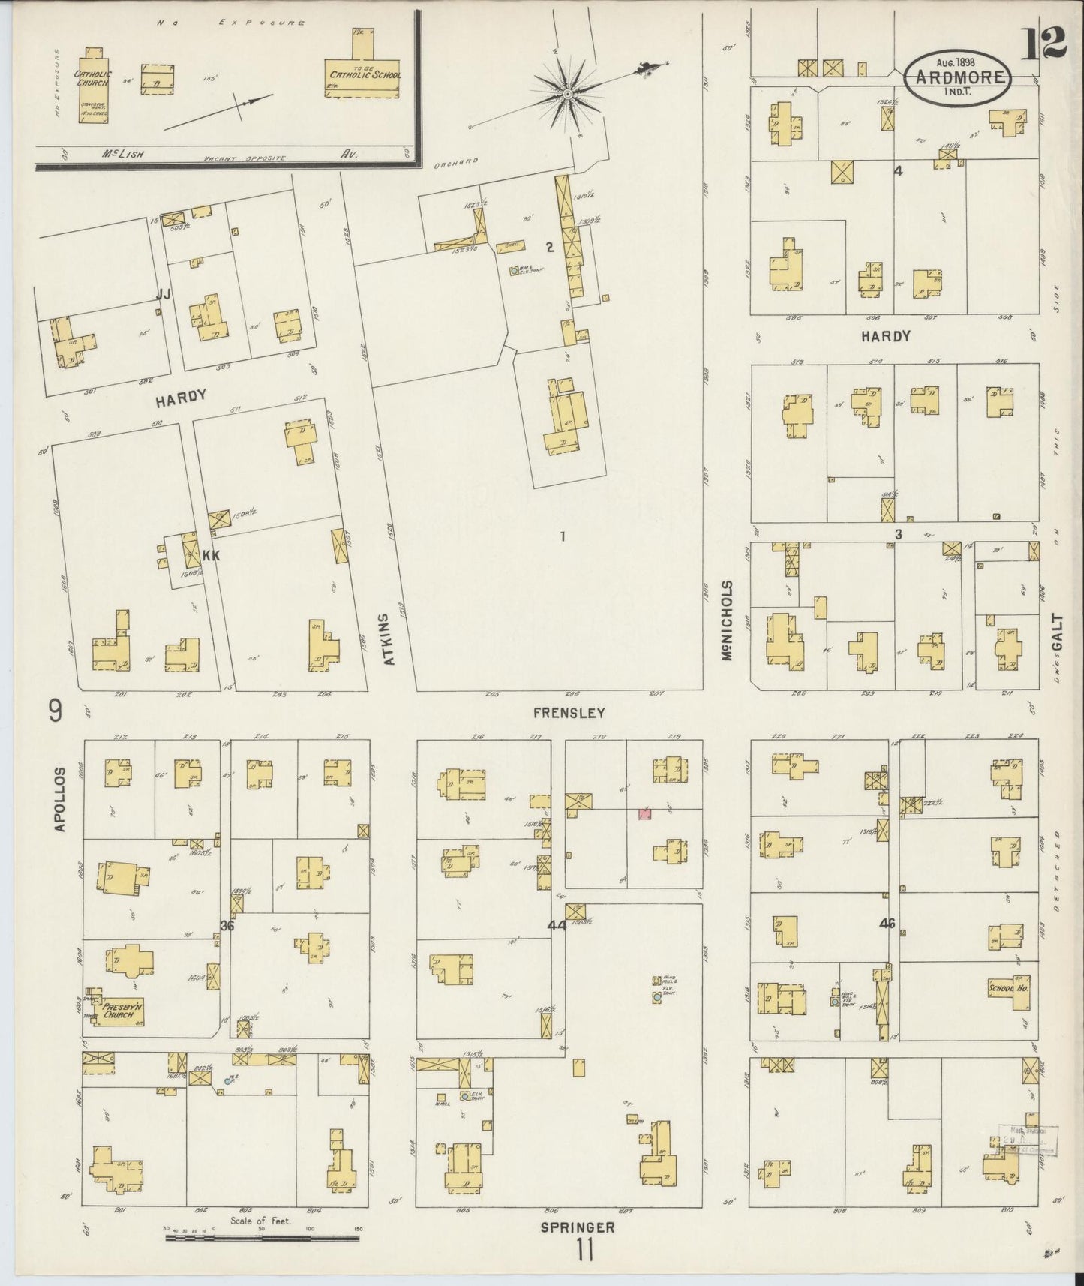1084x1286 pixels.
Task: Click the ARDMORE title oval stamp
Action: click(x=958, y=75)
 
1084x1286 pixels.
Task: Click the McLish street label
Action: click(x=123, y=153)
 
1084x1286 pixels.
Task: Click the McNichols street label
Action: click(x=726, y=620)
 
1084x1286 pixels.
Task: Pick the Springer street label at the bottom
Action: click(x=578, y=1227)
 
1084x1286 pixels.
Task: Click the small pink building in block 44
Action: click(x=644, y=813)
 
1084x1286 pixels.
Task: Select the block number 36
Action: click(x=227, y=925)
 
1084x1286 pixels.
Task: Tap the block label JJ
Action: click(x=162, y=296)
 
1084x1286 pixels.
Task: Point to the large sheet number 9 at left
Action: click(x=56, y=710)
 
